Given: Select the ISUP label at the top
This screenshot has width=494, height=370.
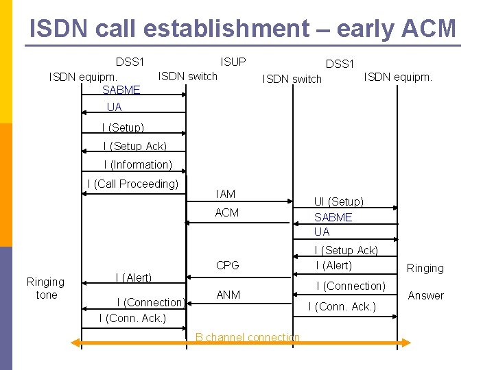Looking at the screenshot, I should pyautogui.click(x=233, y=62).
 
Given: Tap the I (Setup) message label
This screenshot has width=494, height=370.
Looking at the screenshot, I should pyautogui.click(x=123, y=127).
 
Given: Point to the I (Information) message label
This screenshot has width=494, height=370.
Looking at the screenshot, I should pyautogui.click(x=138, y=164).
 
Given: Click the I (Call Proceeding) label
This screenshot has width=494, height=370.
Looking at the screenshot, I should pyautogui.click(x=132, y=184).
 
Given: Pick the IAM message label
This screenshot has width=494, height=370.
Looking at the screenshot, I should pyautogui.click(x=225, y=195).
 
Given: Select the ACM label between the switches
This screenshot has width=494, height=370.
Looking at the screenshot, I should pyautogui.click(x=227, y=213).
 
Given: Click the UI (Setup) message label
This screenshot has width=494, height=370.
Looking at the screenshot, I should pyautogui.click(x=339, y=201).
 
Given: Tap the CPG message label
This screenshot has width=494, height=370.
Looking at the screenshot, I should pyautogui.click(x=227, y=265).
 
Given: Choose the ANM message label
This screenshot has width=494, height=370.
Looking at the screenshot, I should pyautogui.click(x=228, y=295).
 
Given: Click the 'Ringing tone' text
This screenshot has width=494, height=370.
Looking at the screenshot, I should pyautogui.click(x=45, y=288).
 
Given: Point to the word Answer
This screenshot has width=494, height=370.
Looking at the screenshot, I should pyautogui.click(x=426, y=296).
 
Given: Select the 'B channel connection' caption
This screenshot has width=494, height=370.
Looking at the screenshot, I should pyautogui.click(x=247, y=337).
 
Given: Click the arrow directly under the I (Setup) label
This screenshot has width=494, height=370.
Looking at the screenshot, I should pyautogui.click(x=134, y=134).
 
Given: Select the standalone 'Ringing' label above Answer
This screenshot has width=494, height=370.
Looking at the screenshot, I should pyautogui.click(x=425, y=268).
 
